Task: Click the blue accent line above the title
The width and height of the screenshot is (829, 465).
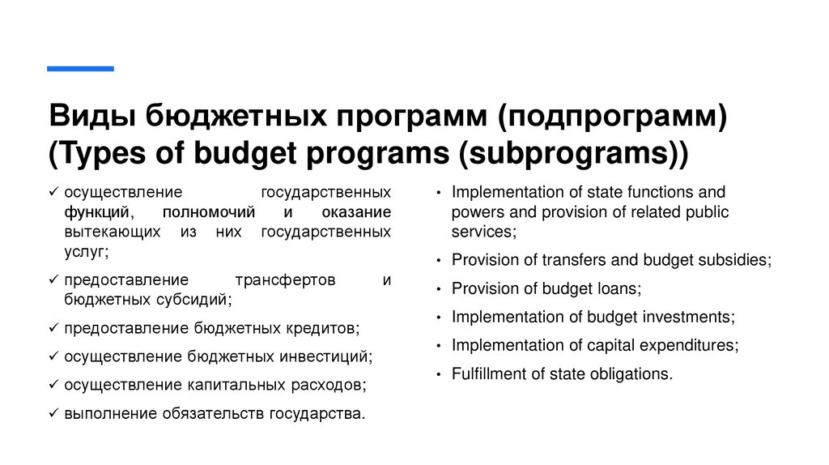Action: point(80,69)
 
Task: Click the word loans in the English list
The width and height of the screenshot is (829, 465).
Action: point(619,288)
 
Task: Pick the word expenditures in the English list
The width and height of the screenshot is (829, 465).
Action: point(689,345)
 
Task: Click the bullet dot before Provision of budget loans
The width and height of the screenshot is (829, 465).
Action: point(438,290)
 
